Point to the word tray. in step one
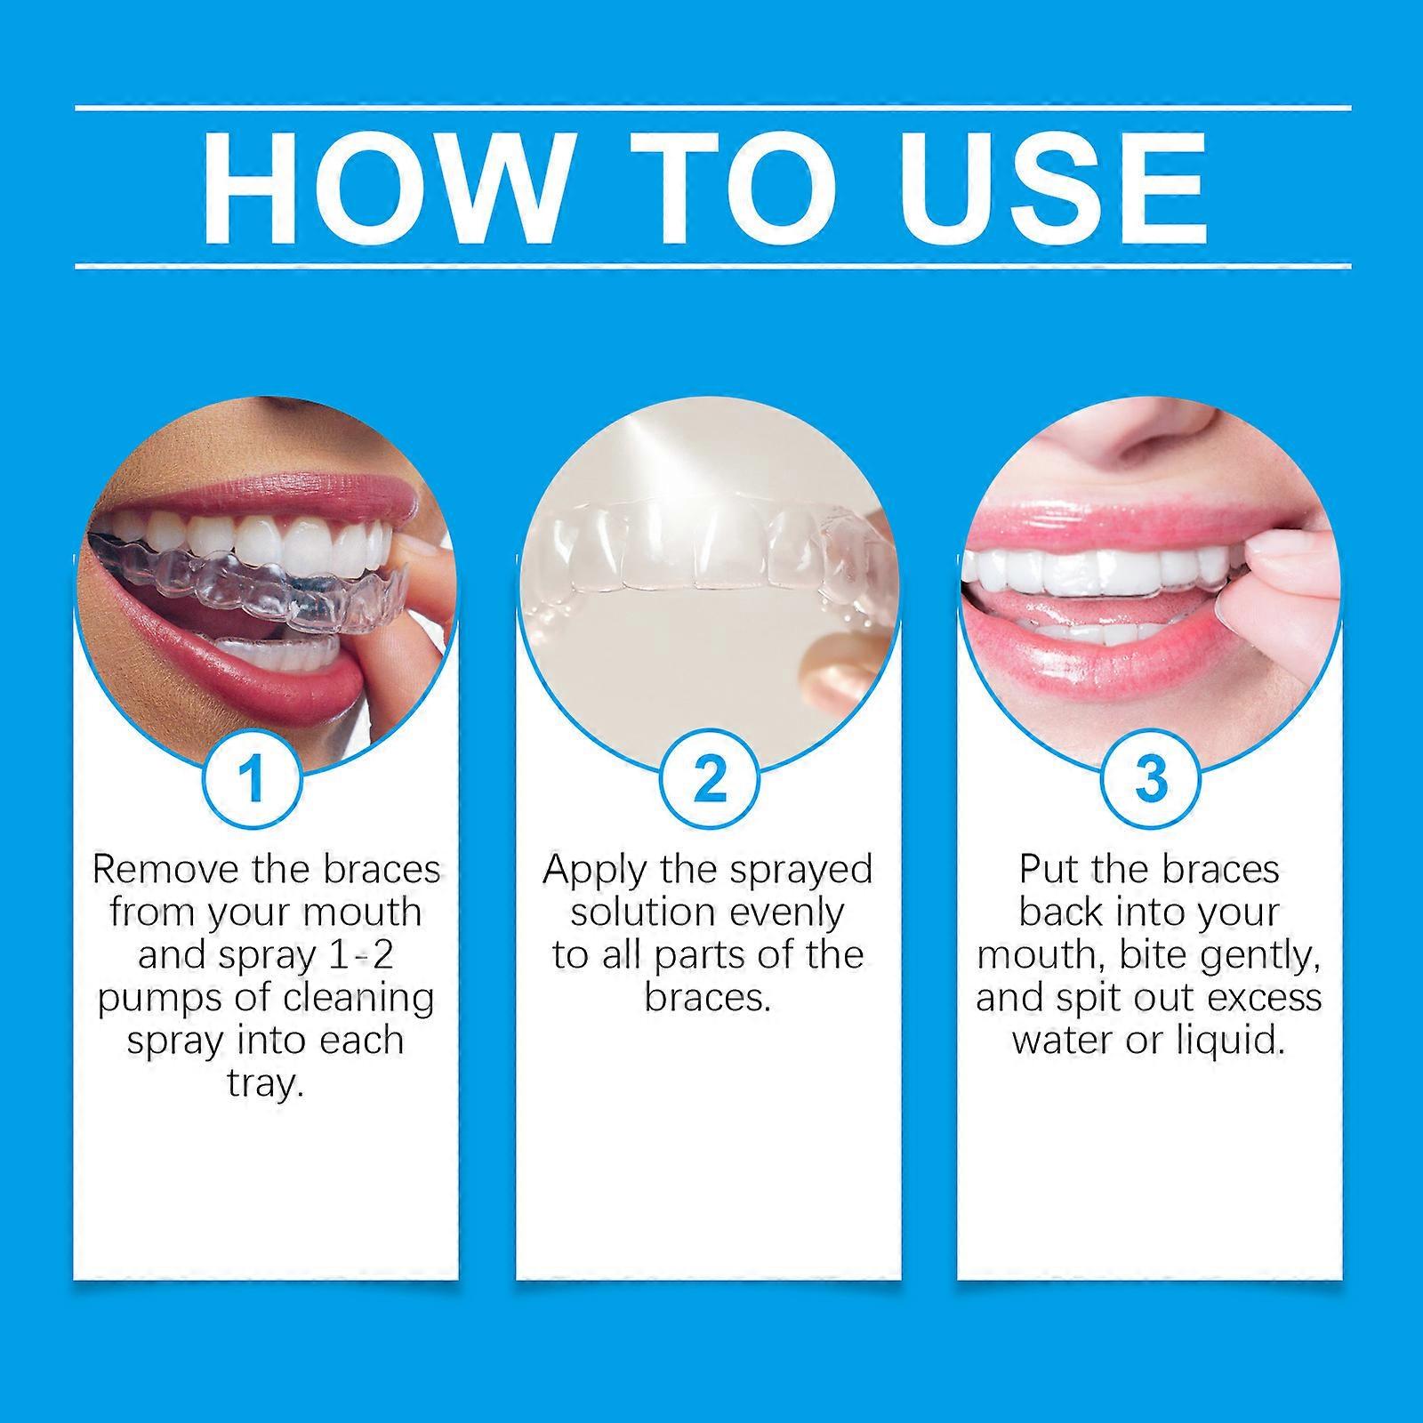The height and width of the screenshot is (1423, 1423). pyautogui.click(x=265, y=1084)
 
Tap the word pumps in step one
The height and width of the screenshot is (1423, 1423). pyautogui.click(x=152, y=998)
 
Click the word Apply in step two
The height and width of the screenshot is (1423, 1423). pyautogui.click(x=594, y=870)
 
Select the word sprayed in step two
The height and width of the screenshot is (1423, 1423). pyautogui.click(x=800, y=870)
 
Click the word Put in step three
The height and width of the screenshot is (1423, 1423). pyautogui.click(x=1049, y=869)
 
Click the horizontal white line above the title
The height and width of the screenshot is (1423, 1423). pyautogui.click(x=711, y=109)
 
